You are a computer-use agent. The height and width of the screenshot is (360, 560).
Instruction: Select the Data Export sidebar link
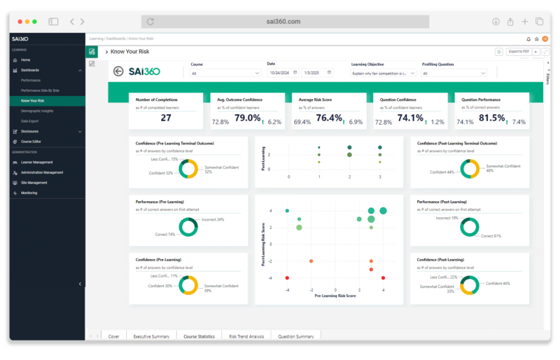[29, 120]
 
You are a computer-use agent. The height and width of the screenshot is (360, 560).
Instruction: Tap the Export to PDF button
[518, 52]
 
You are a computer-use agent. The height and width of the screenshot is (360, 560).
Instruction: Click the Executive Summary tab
[151, 336]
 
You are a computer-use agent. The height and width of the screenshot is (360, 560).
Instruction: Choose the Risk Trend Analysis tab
[246, 336]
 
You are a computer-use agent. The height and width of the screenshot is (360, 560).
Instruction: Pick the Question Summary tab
[295, 336]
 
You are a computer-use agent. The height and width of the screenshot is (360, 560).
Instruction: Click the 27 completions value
[166, 118]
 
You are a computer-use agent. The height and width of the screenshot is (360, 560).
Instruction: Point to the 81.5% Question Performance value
[491, 118]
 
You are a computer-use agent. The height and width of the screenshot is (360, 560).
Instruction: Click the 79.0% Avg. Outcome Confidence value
[247, 118]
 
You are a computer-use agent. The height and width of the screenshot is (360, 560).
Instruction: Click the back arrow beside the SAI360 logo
[118, 71]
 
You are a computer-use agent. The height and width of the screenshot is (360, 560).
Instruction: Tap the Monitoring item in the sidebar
[29, 193]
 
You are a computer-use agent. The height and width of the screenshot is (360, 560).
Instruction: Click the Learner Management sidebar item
[36, 162]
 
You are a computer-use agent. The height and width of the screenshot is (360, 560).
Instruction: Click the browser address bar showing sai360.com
[283, 22]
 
